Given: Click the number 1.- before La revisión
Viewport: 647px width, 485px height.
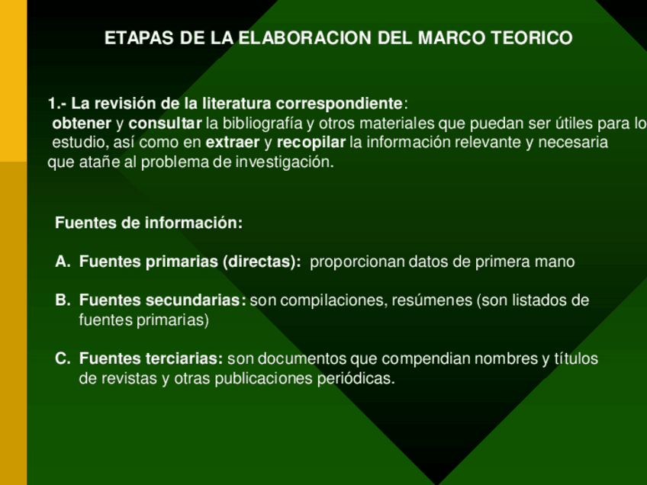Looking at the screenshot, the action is (57, 103).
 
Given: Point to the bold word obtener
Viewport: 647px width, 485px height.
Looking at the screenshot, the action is (82, 123).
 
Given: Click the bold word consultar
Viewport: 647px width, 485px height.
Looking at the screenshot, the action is (165, 123).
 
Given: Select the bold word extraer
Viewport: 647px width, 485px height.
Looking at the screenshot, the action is (233, 143).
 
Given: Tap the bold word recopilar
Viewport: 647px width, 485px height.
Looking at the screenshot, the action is (311, 143).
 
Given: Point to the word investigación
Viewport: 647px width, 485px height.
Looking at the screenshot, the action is (285, 162).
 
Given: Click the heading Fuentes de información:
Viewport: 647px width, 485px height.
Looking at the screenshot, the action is (149, 223).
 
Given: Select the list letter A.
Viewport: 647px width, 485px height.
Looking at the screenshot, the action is (63, 262).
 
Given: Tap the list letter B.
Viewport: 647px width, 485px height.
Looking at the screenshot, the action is (63, 300).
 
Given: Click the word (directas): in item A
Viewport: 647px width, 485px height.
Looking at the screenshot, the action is (262, 262).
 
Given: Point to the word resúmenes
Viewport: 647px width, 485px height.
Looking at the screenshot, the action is (432, 300).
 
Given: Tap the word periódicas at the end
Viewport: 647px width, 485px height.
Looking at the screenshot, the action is (356, 378).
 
